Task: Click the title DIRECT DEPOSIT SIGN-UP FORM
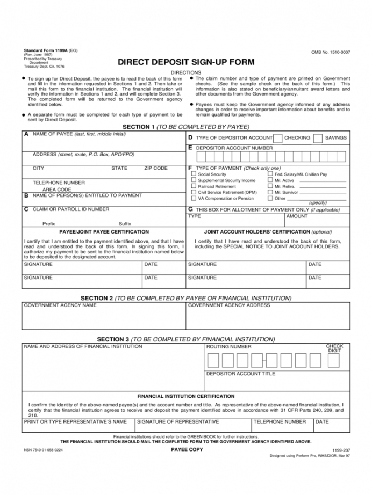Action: pyautogui.click(x=186, y=62)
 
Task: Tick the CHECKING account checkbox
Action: pyautogui.click(x=278, y=138)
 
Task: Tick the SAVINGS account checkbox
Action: pyautogui.click(x=318, y=138)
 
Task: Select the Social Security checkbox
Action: pyautogui.click(x=194, y=174)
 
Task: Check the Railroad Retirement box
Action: pyautogui.click(x=194, y=186)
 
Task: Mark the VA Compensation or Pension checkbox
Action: pyautogui.click(x=194, y=198)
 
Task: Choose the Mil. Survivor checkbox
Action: pyautogui.click(x=270, y=192)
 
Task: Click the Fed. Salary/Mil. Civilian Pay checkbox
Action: pyautogui.click(x=270, y=174)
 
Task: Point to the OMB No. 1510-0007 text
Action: pyautogui.click(x=331, y=52)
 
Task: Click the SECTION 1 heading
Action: pyautogui.click(x=186, y=127)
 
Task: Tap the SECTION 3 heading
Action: pyautogui.click(x=186, y=339)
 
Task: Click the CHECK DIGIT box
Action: pyautogui.click(x=334, y=361)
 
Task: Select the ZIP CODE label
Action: pyautogui.click(x=156, y=168)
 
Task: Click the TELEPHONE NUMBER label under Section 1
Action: pyautogui.click(x=59, y=183)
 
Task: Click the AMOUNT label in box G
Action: pyautogui.click(x=297, y=216)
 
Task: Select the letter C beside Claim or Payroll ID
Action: pyautogui.click(x=26, y=209)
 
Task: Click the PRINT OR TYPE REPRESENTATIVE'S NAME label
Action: pyautogui.click(x=76, y=421)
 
